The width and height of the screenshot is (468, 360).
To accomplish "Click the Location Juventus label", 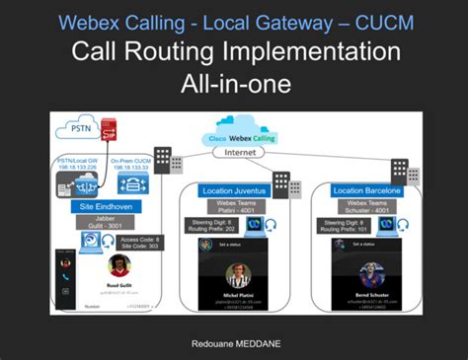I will (238, 189).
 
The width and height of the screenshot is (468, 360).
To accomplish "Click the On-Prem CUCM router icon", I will (132, 186).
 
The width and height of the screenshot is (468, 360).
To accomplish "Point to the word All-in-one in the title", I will (234, 85).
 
